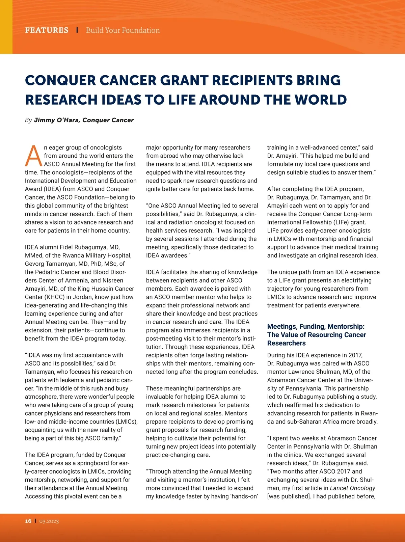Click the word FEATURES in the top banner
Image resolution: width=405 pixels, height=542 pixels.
click(47, 30)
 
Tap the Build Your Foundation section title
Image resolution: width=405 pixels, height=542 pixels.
click(123, 30)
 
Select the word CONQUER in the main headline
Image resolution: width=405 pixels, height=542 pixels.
click(60, 80)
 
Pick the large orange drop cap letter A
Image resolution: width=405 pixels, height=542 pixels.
click(34, 156)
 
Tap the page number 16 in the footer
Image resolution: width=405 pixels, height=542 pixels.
click(28, 521)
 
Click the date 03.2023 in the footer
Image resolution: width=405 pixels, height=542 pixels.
click(49, 521)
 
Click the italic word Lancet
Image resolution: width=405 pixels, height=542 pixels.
click(339, 488)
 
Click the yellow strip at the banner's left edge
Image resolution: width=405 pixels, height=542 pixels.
click(6, 27)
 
